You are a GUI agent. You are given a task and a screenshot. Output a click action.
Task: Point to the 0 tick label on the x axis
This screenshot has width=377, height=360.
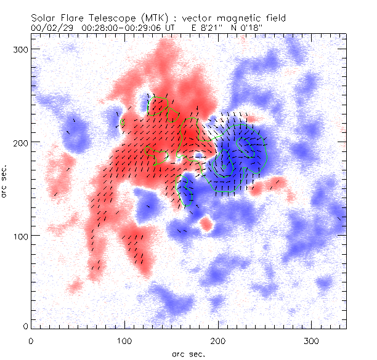tap(31, 340)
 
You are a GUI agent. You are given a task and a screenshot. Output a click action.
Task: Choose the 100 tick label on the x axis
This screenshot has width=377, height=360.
tap(124, 340)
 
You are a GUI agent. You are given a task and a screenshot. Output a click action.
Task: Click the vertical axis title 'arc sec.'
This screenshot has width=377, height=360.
tap(5, 181)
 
